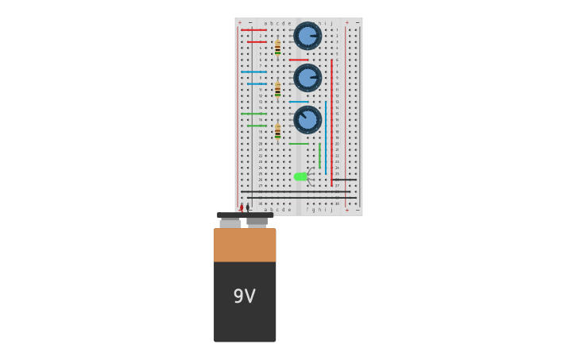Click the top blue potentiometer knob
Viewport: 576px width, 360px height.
point(307,36)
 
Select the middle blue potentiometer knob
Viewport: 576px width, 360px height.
point(307,78)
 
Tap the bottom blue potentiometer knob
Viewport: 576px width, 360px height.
point(307,120)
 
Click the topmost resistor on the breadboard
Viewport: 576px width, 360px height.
point(277,48)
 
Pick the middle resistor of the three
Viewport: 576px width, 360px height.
point(277,89)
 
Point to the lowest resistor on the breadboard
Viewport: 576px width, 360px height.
point(277,131)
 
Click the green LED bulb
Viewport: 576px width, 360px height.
point(300,176)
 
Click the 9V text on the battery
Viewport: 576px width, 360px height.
point(244,296)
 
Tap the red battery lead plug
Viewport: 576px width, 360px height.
point(242,208)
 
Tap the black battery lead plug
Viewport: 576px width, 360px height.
point(248,207)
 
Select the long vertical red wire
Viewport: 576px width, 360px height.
point(331,119)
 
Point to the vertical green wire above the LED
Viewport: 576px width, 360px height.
point(319,155)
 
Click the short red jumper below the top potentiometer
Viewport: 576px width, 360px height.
point(299,60)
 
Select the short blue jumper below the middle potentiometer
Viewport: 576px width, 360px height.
point(299,102)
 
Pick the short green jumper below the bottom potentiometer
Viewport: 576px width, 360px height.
point(299,144)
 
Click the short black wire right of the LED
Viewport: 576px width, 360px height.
point(345,180)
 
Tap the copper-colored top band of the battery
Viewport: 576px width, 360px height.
point(245,246)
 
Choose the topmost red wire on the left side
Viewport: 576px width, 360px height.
point(253,30)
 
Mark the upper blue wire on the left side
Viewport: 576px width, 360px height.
point(253,72)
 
